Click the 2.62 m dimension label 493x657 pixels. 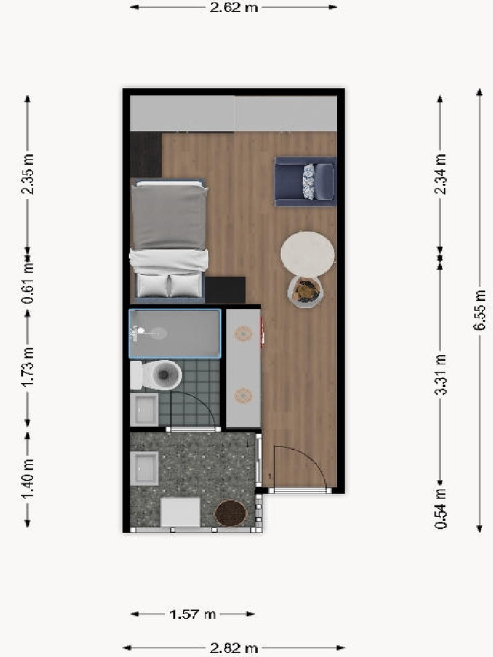[234, 8]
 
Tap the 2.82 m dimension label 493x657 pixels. [234, 648]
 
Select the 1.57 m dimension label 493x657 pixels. [193, 614]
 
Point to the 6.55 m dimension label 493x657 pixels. [480, 310]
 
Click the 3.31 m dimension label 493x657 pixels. [440, 375]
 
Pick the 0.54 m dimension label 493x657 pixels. [440, 508]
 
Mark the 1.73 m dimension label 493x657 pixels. [28, 366]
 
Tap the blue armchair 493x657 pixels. [305, 182]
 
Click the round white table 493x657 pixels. [307, 254]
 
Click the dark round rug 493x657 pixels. [230, 513]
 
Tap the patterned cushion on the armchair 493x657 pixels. [309, 181]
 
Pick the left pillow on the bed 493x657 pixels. [151, 285]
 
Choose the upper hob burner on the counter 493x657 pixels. [243, 333]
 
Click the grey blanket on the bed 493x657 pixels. [168, 216]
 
